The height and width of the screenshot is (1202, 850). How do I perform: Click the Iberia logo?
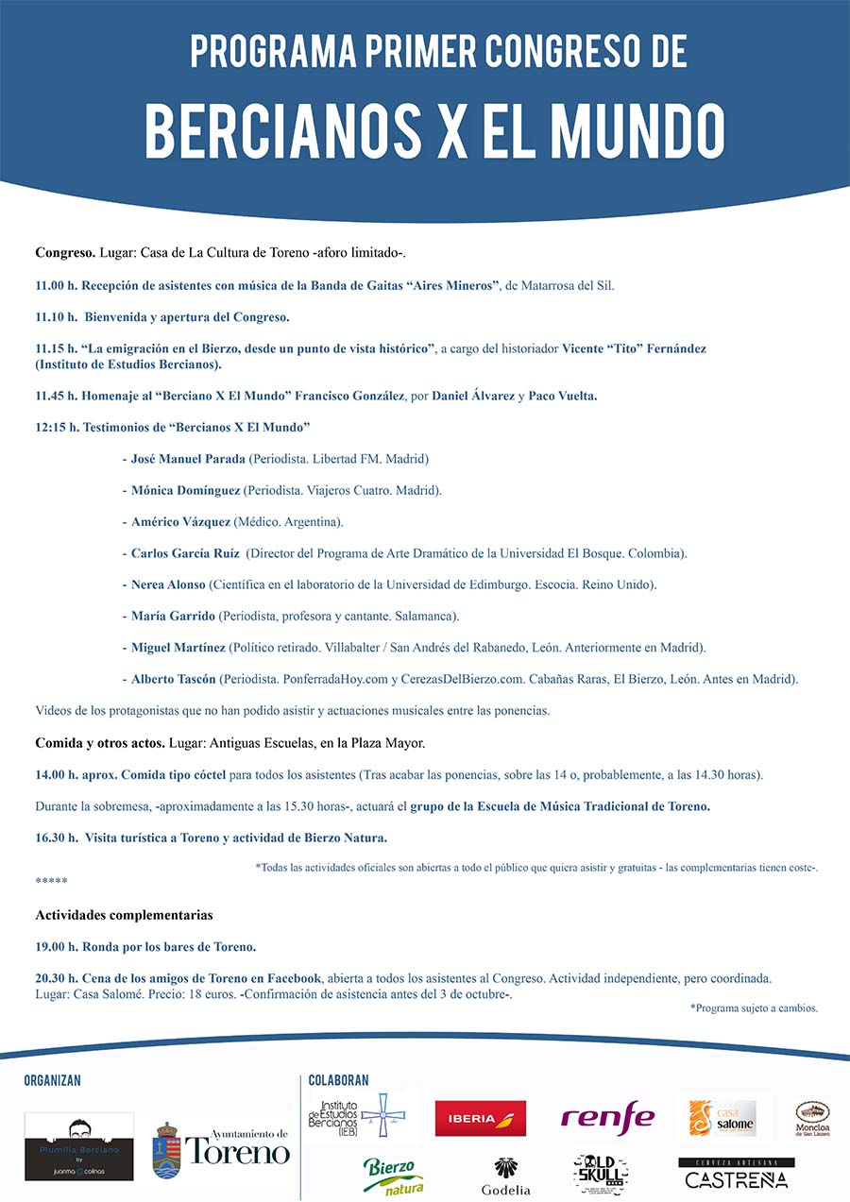[x=480, y=1118]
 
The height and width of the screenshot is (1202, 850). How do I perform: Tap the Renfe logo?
[x=607, y=1117]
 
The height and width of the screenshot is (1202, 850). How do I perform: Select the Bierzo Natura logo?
[x=394, y=1177]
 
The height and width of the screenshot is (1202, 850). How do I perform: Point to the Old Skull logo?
[x=601, y=1174]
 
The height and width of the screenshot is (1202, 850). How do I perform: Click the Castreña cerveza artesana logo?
[x=737, y=1174]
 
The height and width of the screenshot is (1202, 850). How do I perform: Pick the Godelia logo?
[x=506, y=1177]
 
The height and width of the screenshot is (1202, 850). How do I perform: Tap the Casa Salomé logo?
[x=722, y=1118]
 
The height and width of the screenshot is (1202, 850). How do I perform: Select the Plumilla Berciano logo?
[x=79, y=1145]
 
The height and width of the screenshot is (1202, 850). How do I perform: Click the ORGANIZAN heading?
[x=53, y=1080]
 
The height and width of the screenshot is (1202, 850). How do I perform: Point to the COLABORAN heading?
[x=338, y=1080]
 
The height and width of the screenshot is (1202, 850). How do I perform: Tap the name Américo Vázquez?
[x=180, y=521]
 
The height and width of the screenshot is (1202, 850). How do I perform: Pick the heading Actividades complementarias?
[x=124, y=915]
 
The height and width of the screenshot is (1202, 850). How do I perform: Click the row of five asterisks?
[x=51, y=881]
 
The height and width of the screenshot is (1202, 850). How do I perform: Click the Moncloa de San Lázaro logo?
[x=812, y=1117]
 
